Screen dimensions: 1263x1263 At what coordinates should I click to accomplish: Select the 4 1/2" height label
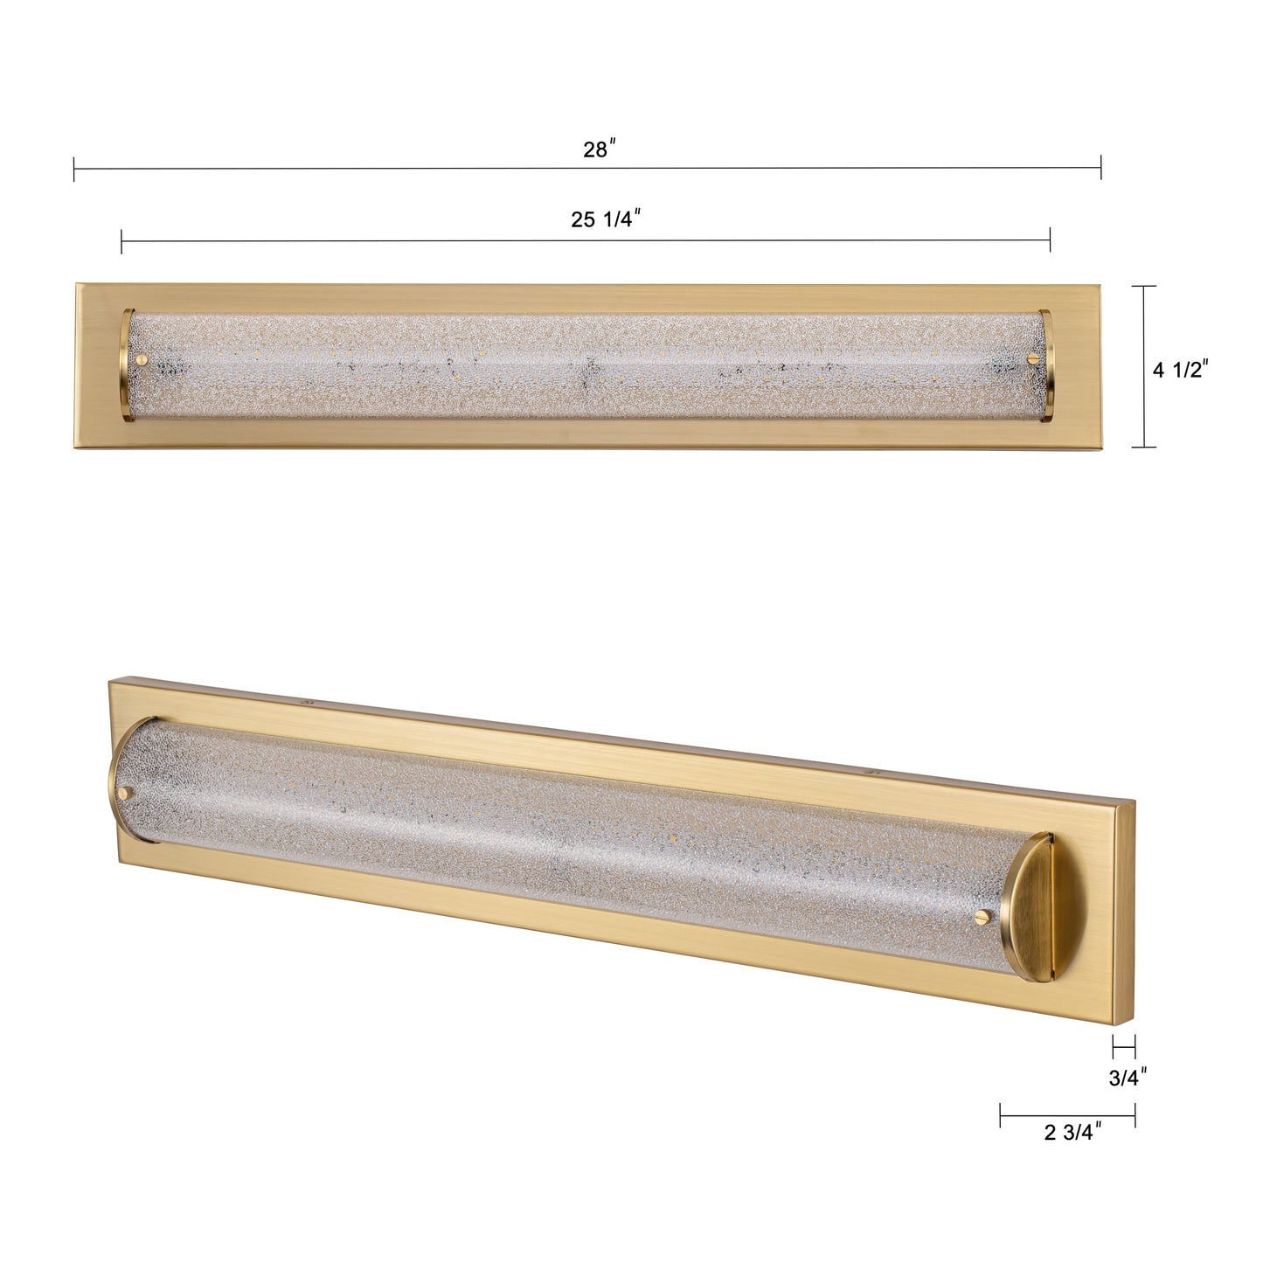pyautogui.click(x=1179, y=370)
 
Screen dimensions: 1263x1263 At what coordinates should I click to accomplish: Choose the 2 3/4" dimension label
pyautogui.click(x=1072, y=1133)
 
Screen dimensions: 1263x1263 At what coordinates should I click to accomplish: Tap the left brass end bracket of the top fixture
pyautogui.click(x=127, y=364)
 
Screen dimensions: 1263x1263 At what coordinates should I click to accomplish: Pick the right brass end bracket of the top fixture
pyautogui.click(x=1048, y=364)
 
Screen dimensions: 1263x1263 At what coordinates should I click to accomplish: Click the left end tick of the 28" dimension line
pyautogui.click(x=74, y=168)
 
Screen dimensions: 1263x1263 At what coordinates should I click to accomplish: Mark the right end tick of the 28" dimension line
pyautogui.click(x=1100, y=168)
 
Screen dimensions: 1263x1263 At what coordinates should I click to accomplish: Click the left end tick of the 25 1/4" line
pyautogui.click(x=121, y=240)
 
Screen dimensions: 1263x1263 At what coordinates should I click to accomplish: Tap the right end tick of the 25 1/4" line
pyautogui.click(x=1050, y=240)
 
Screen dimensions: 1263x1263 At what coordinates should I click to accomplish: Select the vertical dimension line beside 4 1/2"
pyautogui.click(x=1144, y=366)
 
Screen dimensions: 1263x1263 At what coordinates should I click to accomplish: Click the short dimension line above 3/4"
pyautogui.click(x=1123, y=1045)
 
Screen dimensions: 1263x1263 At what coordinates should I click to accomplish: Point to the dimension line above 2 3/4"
pyautogui.click(x=1067, y=1115)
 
